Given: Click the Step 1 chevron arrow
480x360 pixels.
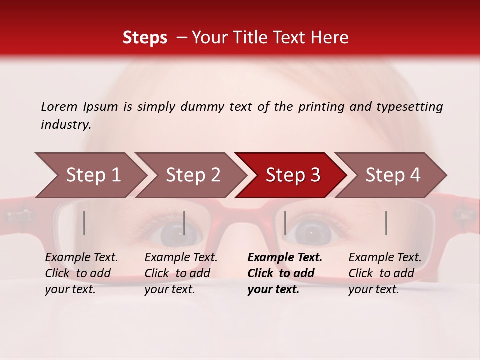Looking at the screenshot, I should coord(92,175).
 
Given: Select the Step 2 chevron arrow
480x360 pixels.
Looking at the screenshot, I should coord(192,175).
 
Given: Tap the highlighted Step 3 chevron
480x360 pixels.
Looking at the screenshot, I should coord(292,175).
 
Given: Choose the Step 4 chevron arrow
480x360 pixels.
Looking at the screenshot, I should coord(392,175).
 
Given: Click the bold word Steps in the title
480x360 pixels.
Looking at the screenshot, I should coord(145,37).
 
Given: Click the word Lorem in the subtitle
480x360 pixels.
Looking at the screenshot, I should coord(59,106).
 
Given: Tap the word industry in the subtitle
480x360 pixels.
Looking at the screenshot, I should coord(66,125).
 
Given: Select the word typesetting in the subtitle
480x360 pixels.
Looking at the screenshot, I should coord(409,106).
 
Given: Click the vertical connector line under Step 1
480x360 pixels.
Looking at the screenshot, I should coord(84,223).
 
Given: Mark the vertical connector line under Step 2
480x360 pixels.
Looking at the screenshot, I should coord(184,223).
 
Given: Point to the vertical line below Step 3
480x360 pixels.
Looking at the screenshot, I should coord(285,223).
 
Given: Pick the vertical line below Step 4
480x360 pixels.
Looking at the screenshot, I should coord(386,223).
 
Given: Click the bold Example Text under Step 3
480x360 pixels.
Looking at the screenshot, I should coord(285,258).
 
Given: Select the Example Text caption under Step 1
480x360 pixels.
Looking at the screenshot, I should coord(81,258).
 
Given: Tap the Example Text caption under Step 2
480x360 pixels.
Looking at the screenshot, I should coord(181,258).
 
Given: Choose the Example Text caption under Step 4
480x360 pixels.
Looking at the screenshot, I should coord(385,258).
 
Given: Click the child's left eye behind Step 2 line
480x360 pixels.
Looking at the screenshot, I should coord(172,233).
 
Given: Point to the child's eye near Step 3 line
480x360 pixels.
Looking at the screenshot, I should coord(312,233).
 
